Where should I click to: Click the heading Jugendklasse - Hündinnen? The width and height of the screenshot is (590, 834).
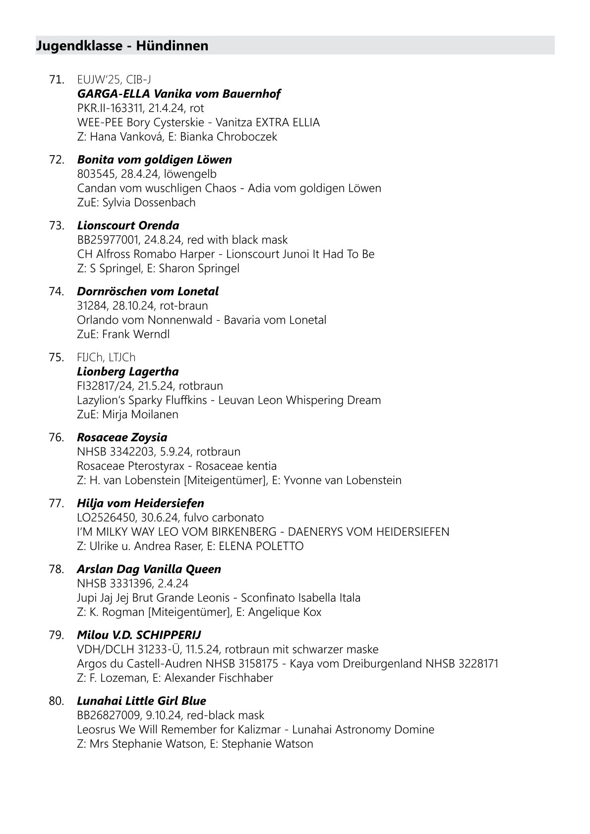click(x=122, y=46)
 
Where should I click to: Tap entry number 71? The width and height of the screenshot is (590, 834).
click(x=56, y=79)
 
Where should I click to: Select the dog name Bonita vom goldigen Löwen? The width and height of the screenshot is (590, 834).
click(x=154, y=160)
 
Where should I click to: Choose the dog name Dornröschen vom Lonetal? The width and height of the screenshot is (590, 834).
click(x=148, y=291)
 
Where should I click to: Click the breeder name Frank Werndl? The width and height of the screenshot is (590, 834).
click(x=136, y=334)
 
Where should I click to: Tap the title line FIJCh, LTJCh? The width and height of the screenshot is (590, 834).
click(x=106, y=357)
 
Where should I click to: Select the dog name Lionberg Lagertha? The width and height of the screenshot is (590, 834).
click(x=128, y=372)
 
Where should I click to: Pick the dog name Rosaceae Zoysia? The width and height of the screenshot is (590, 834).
click(x=122, y=438)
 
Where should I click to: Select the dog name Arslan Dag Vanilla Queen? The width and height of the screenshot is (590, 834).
click(x=149, y=569)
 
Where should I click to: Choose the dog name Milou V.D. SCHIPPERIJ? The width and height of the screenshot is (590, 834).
click(x=139, y=635)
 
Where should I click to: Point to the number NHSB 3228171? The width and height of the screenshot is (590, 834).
click(x=462, y=664)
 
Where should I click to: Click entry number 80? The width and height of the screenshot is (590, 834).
click(x=57, y=701)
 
